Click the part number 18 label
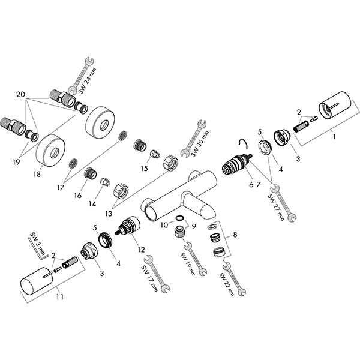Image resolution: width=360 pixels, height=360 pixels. coord(37,175)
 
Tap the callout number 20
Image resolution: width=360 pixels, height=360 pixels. coord(21,94)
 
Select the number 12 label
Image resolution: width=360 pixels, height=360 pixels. coord(141,249)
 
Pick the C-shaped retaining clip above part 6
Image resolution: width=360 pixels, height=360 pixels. coord(244,143)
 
